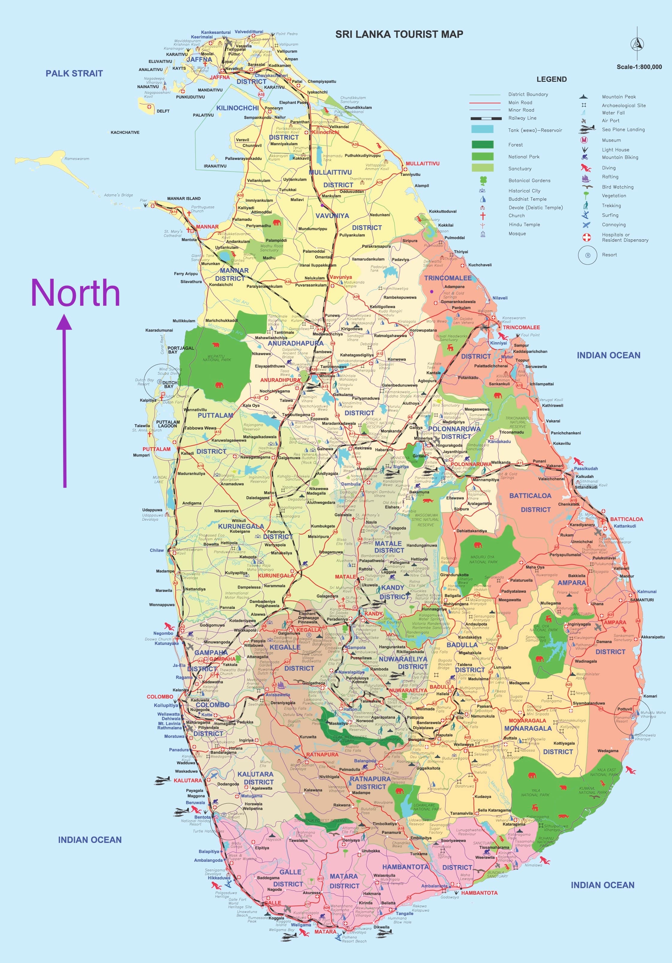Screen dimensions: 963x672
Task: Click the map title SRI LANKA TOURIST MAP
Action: coord(399,34)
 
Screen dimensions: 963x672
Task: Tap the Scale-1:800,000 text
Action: coord(639,67)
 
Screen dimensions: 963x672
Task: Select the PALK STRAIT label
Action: coord(74,73)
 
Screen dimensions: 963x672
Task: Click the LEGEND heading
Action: coord(551,79)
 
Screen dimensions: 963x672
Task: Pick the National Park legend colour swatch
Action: coord(482,156)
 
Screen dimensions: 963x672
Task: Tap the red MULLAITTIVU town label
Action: coord(422,164)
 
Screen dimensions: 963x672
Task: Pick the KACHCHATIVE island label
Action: coord(125,132)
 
